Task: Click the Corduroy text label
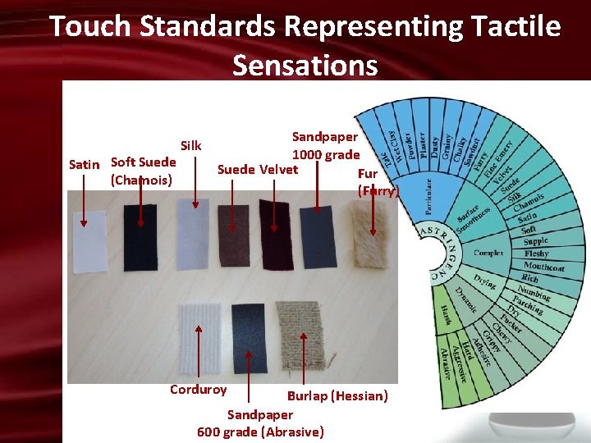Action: tap(198, 390)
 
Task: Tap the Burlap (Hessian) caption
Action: tap(337, 395)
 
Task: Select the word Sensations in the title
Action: tap(305, 64)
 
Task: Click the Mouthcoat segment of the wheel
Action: tap(543, 267)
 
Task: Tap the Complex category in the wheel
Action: tap(488, 253)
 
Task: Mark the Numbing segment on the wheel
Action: tap(534, 293)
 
